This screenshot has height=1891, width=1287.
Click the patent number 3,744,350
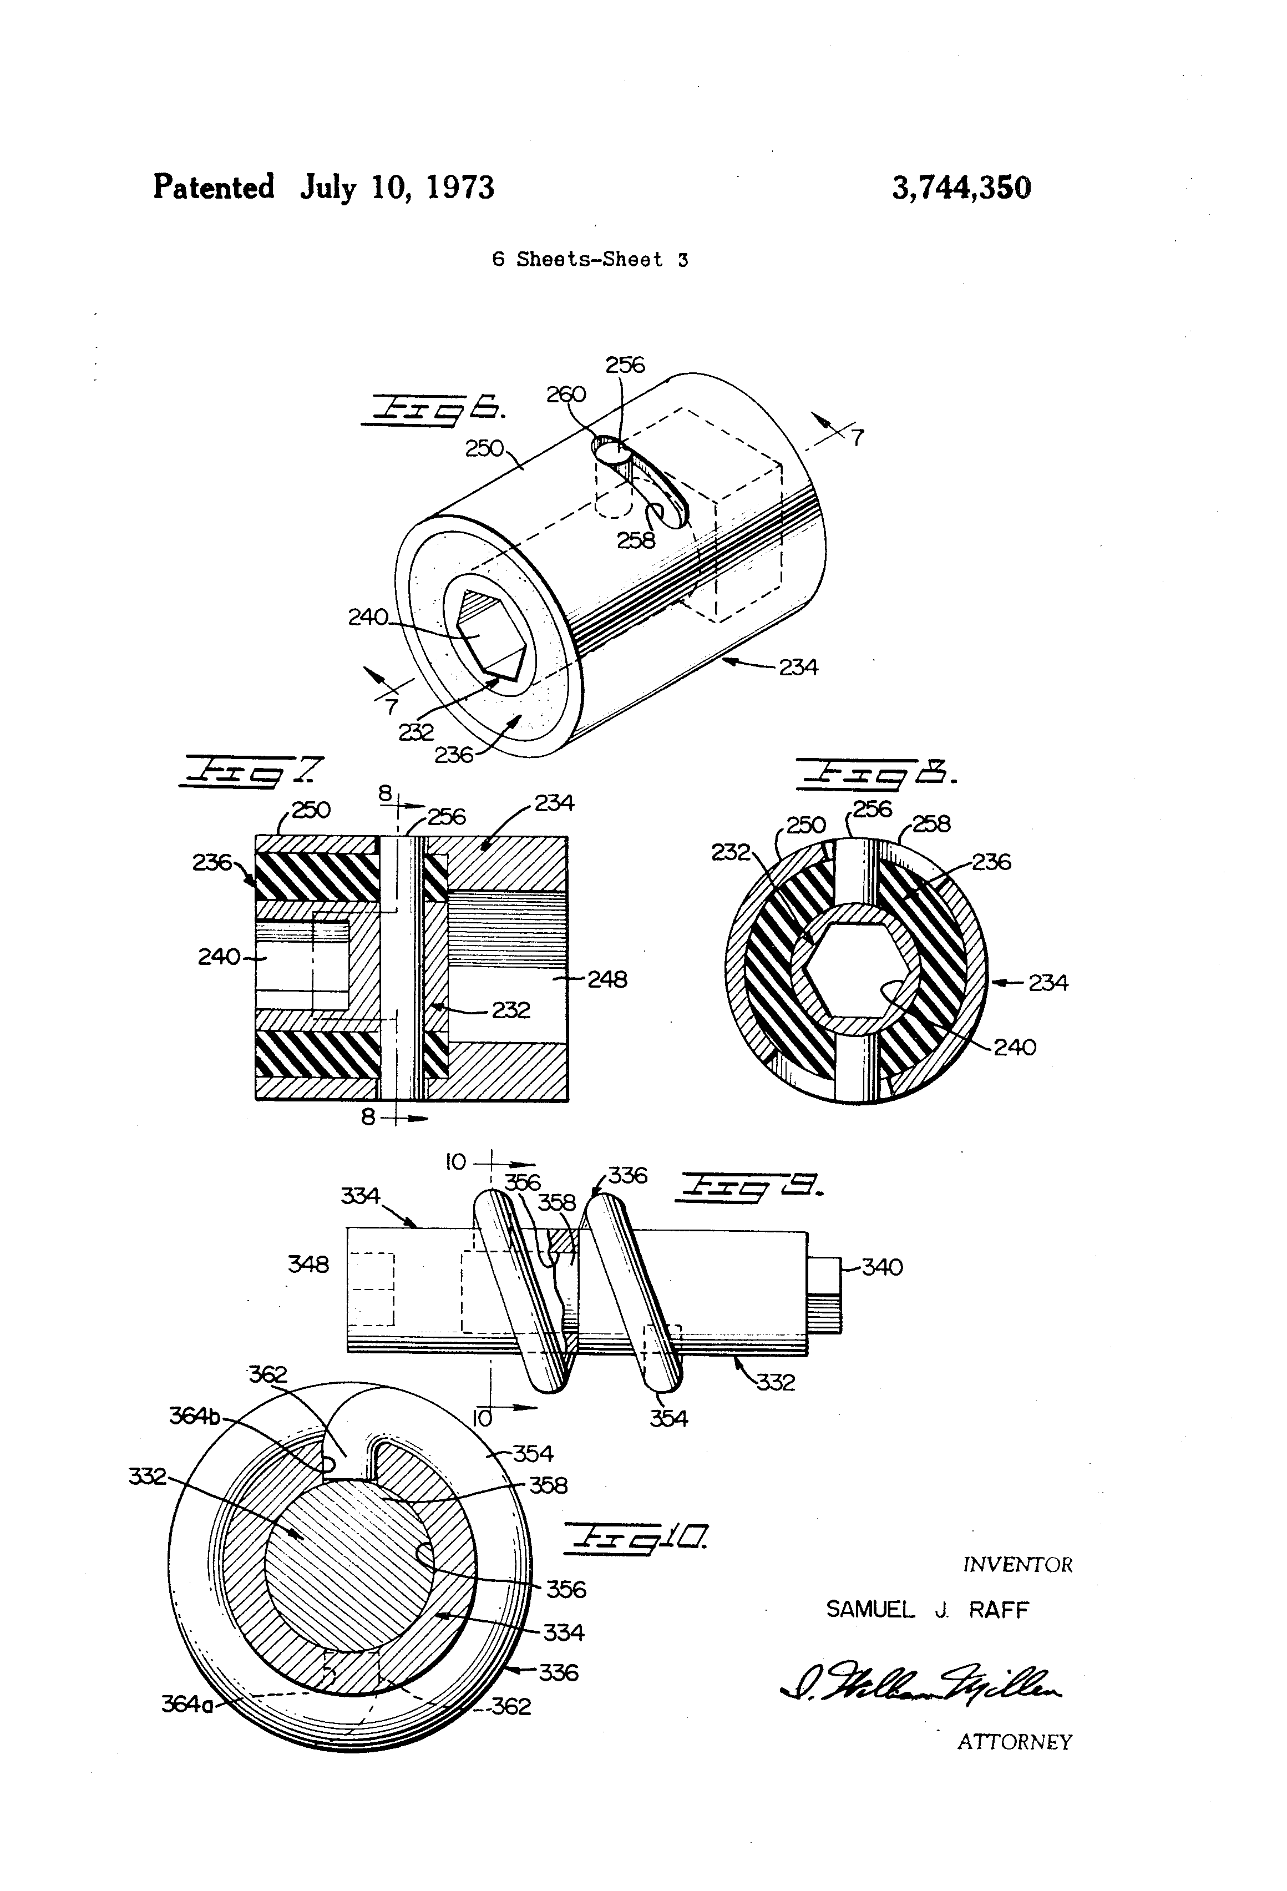(961, 188)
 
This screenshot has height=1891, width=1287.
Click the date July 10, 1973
(397, 188)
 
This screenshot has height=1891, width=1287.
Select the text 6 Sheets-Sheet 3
(590, 260)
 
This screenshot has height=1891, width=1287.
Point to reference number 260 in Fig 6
(566, 395)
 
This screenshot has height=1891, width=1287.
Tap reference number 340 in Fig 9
(882, 1267)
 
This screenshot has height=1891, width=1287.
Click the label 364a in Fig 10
(187, 1703)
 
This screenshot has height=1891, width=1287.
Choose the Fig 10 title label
(635, 1536)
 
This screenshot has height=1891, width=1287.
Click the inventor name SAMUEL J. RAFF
(928, 1610)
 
